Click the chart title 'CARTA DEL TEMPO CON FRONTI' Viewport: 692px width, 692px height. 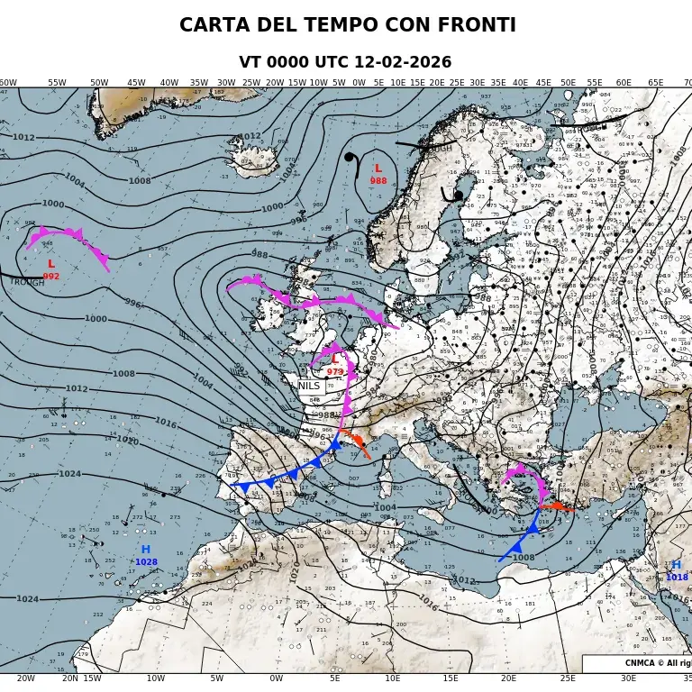(x=347, y=25)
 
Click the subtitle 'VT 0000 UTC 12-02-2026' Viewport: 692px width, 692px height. (x=345, y=63)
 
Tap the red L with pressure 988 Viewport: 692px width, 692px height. (x=378, y=168)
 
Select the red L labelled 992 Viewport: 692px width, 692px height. (x=50, y=264)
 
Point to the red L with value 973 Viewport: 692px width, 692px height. (x=335, y=359)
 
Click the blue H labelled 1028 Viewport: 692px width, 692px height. (x=145, y=550)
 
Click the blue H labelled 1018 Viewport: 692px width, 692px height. (x=676, y=566)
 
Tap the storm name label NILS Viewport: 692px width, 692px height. (x=309, y=386)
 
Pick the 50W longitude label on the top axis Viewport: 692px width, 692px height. (x=99, y=83)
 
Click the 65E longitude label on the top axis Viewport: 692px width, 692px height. (x=656, y=83)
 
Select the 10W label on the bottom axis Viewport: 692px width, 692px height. (x=156, y=678)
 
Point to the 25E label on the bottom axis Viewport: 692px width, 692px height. (x=568, y=678)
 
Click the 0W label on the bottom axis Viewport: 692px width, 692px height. (x=276, y=678)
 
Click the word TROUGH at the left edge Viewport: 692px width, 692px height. (x=27, y=282)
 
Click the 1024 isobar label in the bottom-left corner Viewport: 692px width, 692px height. (x=27, y=599)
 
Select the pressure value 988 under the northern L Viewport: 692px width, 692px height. (x=378, y=181)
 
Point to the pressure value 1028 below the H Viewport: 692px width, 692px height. (x=146, y=562)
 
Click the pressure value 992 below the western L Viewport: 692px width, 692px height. (x=51, y=277)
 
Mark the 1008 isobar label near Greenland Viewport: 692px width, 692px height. (x=140, y=181)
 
